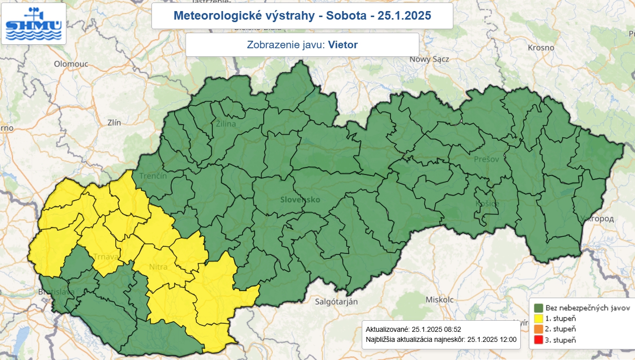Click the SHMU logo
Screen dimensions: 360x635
click(33, 24)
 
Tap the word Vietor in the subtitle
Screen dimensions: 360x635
click(343, 45)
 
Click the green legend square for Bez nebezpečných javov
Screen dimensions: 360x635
click(538, 307)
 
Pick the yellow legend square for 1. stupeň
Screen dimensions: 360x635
click(538, 318)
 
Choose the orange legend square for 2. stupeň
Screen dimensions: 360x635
click(538, 329)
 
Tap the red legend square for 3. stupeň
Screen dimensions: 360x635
click(538, 340)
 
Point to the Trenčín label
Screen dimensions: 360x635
click(153, 176)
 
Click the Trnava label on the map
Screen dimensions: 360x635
click(105, 257)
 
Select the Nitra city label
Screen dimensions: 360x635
click(158, 266)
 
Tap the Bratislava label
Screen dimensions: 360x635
click(56, 292)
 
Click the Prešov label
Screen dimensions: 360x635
click(486, 159)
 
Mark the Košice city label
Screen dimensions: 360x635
click(487, 204)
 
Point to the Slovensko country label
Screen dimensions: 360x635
click(300, 200)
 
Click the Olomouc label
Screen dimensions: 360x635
click(71, 64)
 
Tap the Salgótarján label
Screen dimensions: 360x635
click(336, 302)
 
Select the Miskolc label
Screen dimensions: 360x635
click(439, 299)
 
